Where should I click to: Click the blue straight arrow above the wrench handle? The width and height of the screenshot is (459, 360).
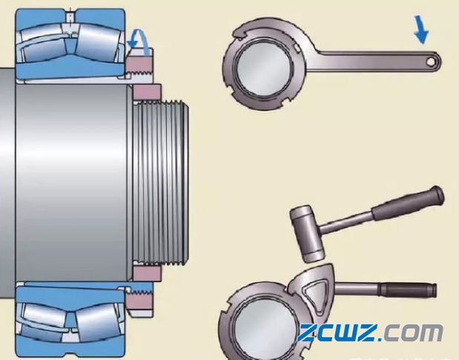421,30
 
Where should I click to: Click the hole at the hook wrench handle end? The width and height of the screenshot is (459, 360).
431,62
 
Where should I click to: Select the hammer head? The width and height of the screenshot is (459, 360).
307,234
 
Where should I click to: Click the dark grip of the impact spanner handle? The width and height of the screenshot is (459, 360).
408,290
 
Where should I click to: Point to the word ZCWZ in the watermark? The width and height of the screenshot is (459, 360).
337,333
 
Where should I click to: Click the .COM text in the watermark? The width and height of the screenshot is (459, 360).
410,333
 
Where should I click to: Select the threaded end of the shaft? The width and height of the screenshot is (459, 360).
160,183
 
